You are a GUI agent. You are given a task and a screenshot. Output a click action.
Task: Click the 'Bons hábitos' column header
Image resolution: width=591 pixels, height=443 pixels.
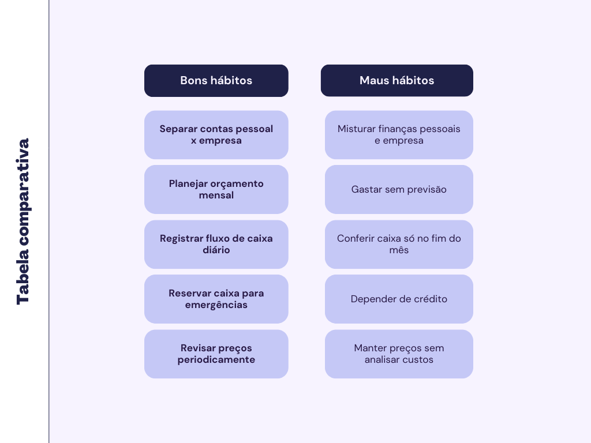[216, 80]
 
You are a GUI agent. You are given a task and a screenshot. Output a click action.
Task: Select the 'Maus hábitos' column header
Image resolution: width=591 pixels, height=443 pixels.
[397, 80]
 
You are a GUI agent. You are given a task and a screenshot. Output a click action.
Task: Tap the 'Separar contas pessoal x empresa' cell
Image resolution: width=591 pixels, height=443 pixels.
[216, 134]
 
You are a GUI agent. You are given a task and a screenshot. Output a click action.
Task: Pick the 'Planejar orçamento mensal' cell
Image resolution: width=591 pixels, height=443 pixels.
[216, 189]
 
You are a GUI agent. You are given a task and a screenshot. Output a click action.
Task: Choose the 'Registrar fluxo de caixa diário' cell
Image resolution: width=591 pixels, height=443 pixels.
[216, 244]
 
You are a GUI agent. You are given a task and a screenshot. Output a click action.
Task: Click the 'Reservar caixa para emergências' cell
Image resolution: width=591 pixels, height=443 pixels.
[216, 299]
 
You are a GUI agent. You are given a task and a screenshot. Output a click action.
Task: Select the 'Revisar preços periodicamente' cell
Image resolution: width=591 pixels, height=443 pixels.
[216, 354]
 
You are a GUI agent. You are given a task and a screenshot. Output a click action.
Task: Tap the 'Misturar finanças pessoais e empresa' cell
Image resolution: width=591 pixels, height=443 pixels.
[399, 134]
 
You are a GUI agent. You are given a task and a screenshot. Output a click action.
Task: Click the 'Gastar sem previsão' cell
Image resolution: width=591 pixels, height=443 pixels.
[399, 189]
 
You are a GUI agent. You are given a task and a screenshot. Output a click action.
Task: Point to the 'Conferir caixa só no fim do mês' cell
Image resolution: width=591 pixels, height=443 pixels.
[399, 244]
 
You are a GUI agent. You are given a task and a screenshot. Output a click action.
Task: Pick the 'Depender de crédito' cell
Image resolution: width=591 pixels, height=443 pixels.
[399, 299]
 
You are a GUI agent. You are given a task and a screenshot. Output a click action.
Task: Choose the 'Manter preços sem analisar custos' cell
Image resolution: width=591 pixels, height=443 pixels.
[399, 354]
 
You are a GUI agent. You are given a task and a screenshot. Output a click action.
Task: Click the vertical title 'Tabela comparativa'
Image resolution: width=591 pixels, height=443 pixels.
[23, 221]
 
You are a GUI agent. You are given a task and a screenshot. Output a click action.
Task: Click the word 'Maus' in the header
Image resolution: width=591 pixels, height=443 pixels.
[373, 80]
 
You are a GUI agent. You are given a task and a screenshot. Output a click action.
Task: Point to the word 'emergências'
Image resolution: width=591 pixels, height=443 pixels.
[216, 305]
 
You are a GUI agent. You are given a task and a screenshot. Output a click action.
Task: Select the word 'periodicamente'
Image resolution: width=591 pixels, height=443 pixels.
[216, 360]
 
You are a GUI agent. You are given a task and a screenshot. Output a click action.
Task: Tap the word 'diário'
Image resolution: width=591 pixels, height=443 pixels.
[216, 250]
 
